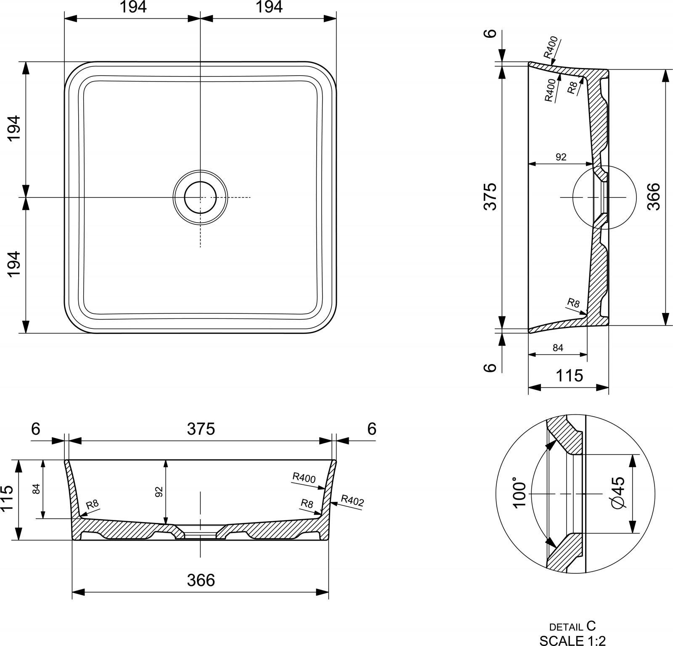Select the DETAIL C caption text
coord(572,626)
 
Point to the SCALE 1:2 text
coord(573,641)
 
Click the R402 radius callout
coord(352,501)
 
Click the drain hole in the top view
coord(200,197)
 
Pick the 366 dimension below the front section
coord(201,580)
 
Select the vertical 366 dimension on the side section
coord(654,197)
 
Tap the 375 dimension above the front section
coord(201,429)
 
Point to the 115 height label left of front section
coord(8,498)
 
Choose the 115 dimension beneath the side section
coord(570,375)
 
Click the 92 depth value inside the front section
coord(159,492)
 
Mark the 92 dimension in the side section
coord(561,157)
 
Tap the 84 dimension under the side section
coord(558,348)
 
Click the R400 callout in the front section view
coord(304,478)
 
